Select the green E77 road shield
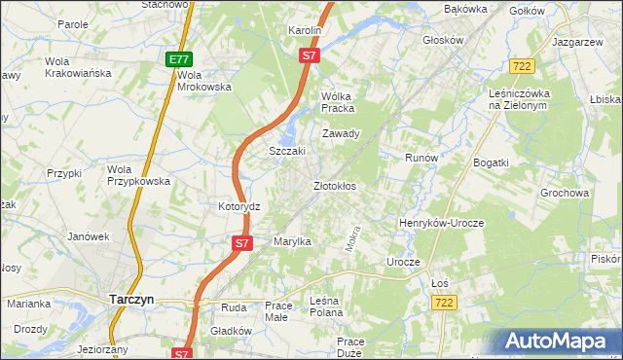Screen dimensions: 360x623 click(178, 59)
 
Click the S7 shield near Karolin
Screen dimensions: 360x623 click(309, 56)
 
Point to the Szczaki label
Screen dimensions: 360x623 click(287, 152)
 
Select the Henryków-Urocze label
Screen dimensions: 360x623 click(441, 223)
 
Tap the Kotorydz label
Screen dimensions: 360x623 click(239, 207)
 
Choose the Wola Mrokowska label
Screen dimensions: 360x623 click(204, 81)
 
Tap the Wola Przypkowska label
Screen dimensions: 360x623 click(138, 174)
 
